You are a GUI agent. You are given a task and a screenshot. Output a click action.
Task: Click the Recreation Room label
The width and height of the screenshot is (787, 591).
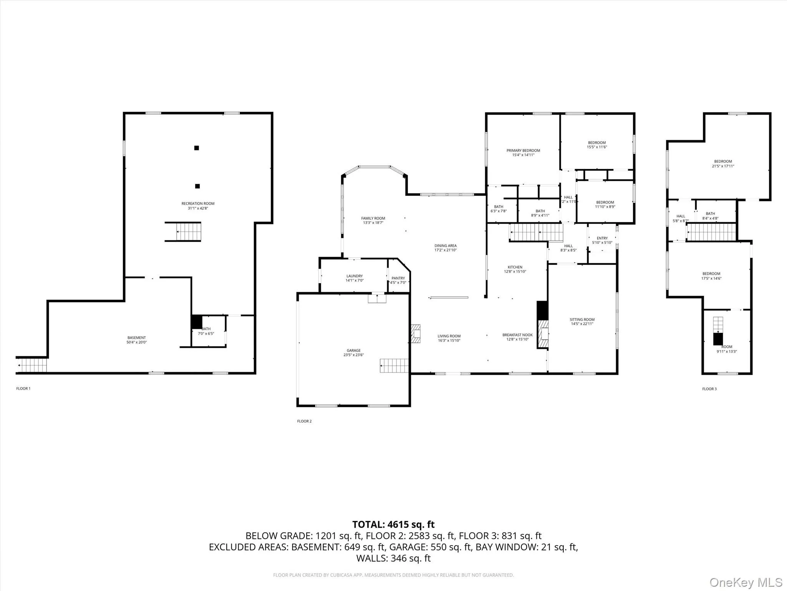(x=198, y=204)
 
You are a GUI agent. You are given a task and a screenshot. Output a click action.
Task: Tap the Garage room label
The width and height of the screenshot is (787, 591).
(x=354, y=351)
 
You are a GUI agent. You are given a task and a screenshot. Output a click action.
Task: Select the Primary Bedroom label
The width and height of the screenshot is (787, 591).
(x=523, y=151)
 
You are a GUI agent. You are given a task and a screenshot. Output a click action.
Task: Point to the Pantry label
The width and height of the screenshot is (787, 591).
(x=398, y=278)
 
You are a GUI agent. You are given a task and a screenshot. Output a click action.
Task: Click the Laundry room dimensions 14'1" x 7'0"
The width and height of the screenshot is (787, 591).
(x=354, y=280)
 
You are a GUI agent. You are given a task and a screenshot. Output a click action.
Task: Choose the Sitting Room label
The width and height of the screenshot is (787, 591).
(x=582, y=319)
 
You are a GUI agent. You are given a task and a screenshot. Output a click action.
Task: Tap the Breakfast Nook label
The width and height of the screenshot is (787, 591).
(x=517, y=335)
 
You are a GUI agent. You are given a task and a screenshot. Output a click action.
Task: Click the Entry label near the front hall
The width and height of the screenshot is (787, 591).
(x=602, y=238)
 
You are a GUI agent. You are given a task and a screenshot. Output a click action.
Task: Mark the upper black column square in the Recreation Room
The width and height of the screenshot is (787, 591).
(x=196, y=148)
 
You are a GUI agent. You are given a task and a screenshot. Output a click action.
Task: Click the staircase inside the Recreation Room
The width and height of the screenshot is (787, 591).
(x=188, y=232)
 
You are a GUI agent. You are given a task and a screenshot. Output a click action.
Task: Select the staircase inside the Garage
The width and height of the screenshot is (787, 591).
(x=394, y=366)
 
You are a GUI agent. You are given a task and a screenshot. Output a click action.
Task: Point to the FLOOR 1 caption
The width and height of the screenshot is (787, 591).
(x=23, y=389)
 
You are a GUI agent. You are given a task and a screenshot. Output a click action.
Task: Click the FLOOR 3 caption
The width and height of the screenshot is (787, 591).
(x=709, y=389)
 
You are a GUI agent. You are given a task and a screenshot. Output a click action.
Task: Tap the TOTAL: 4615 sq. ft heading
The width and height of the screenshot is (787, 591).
(x=393, y=524)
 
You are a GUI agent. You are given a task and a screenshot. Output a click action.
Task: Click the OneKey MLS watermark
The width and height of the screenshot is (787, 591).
(x=745, y=582)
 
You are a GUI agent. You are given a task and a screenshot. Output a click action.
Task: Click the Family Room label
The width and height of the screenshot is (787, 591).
(x=373, y=218)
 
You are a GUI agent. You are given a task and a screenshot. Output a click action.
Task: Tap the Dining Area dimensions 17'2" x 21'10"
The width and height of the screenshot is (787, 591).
(x=445, y=250)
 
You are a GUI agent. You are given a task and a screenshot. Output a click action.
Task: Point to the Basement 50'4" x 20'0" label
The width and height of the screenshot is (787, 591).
(x=136, y=340)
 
